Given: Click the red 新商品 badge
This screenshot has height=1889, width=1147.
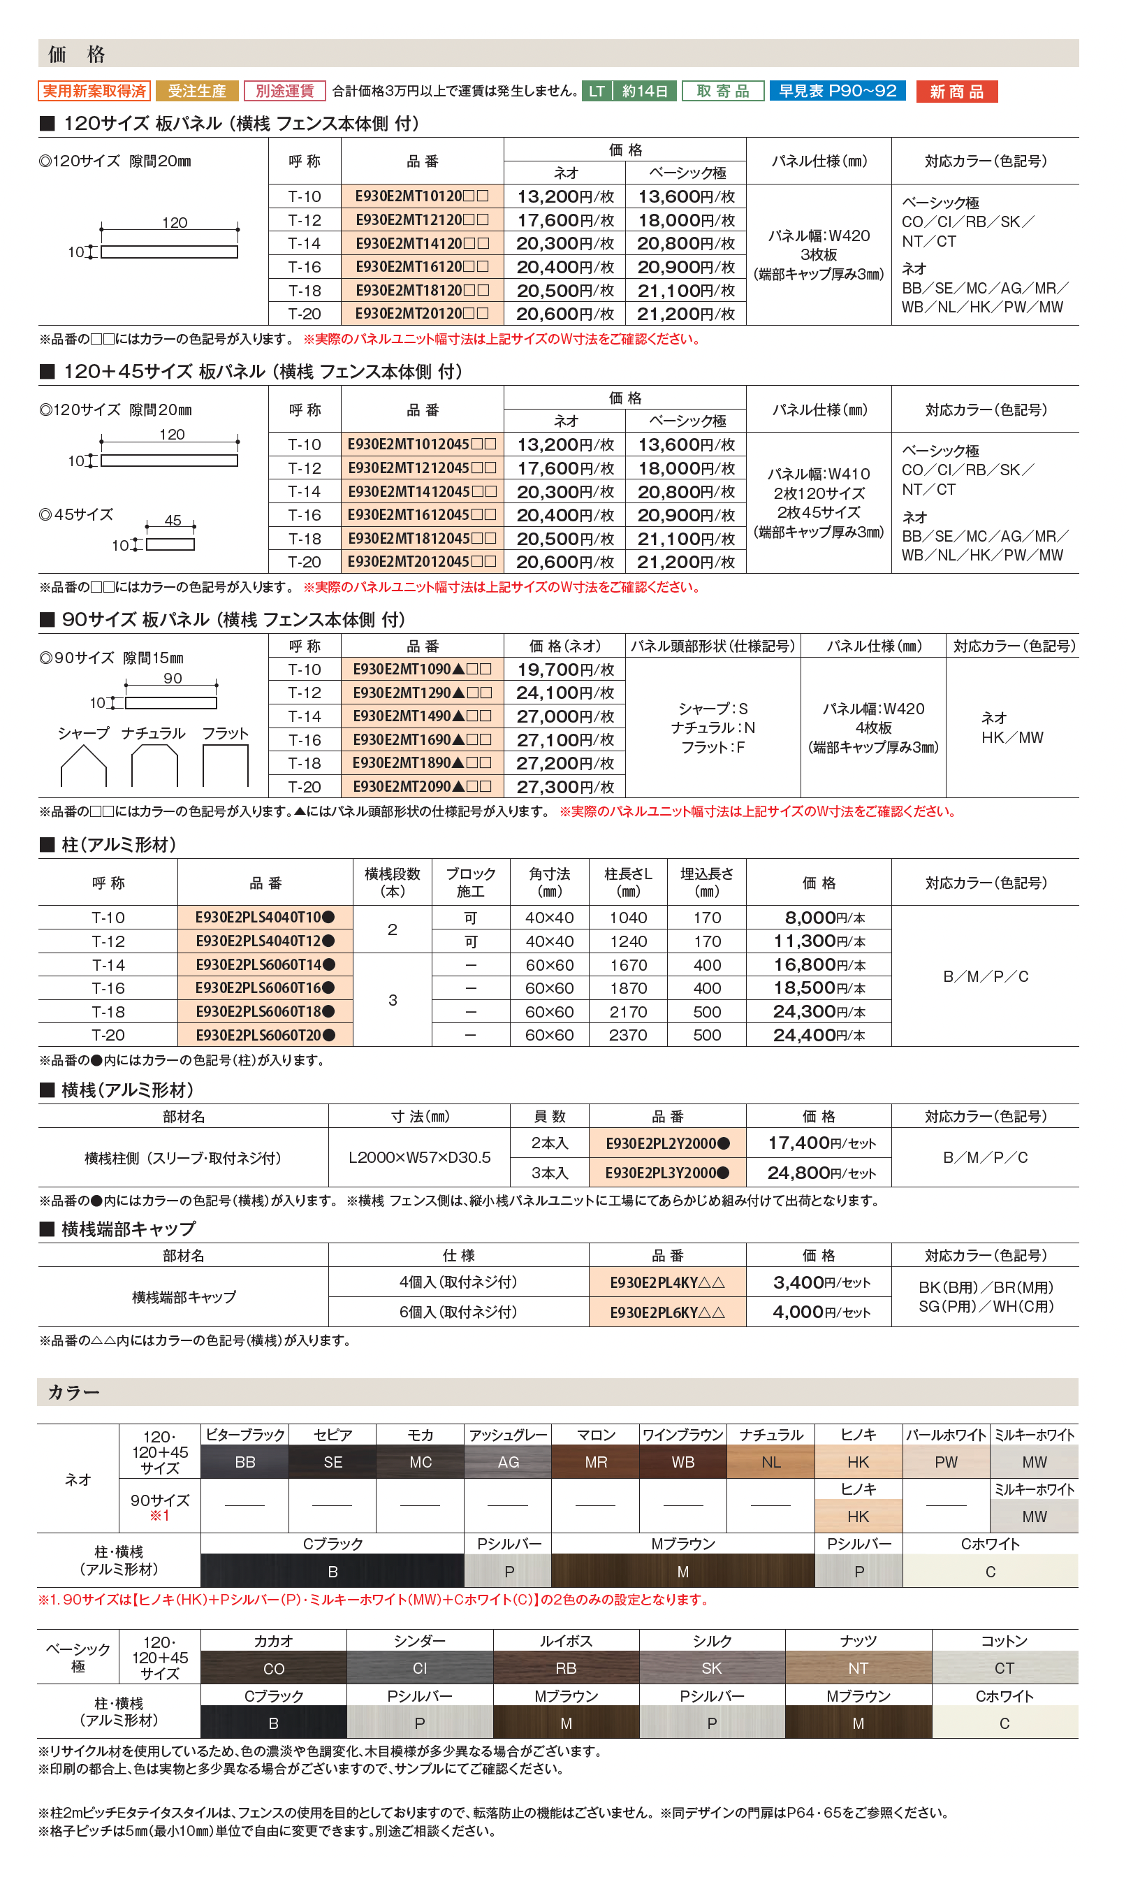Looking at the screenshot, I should coord(956,92).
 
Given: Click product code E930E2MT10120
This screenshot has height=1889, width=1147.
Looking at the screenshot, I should coord(421,196).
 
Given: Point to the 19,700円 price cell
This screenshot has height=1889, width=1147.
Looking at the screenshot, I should coord(564,670).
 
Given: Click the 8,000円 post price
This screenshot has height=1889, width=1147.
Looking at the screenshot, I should coord(818,918).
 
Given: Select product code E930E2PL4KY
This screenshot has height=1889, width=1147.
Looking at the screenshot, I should coord(666,1282).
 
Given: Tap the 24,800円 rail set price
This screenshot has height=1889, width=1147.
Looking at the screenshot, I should coord(818,1173).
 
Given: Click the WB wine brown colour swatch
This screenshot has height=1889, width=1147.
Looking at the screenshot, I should coord(682,1462).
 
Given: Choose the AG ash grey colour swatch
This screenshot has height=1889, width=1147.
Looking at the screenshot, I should coord(508,1462).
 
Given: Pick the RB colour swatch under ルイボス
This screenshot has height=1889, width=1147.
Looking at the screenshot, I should coord(565,1668).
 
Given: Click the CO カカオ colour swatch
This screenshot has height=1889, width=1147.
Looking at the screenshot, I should coord(274,1668).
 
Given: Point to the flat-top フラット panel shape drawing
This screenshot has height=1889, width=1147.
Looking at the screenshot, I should coord(225,765).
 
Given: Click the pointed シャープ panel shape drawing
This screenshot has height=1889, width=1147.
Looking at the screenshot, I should coord(84,765).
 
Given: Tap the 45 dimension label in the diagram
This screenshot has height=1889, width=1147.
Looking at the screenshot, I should coord(173,521).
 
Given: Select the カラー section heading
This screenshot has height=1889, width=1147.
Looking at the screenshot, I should coord(74,1392).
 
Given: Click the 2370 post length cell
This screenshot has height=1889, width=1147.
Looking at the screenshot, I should coord(627,1035).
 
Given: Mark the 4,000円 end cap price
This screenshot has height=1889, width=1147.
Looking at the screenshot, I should coord(818,1312).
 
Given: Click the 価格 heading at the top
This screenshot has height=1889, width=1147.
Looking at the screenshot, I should coord(77,54).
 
